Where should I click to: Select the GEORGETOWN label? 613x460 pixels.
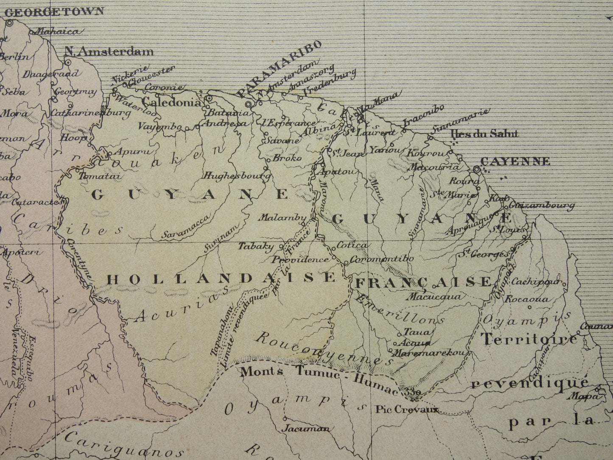54,11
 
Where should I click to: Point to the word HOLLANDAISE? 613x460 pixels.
221,279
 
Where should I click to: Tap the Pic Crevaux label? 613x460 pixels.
406,410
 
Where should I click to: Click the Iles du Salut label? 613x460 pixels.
485,134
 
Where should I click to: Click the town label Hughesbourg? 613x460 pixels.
237,175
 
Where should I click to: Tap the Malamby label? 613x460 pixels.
282,218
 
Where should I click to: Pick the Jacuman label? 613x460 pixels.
307,428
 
